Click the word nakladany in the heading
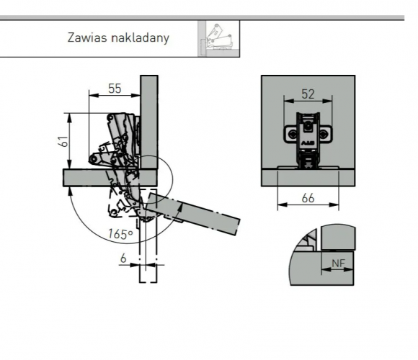[x=141, y=38]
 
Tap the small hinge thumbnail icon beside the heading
[x=218, y=39]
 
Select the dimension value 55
[x=115, y=89]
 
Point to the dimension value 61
[x=63, y=141]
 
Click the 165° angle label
[x=120, y=234]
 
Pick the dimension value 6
[x=123, y=258]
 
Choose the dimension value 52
[x=308, y=94]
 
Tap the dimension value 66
[x=308, y=199]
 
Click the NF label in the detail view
[x=338, y=264]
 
